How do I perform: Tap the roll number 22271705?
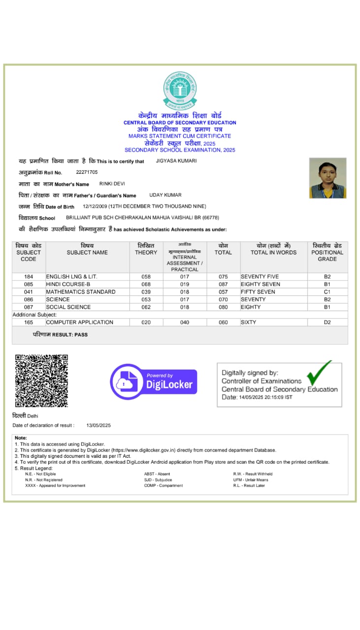pos(87,172)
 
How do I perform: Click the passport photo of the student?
pos(327,178)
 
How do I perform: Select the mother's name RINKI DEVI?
pos(112,184)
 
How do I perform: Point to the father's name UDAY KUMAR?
pos(166,195)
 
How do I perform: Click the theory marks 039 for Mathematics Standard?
pos(146,292)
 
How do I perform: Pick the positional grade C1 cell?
pos(327,292)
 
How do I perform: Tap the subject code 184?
pos(29,277)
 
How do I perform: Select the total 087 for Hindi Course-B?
pos(223,284)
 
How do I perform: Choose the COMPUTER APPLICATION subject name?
pos(79,322)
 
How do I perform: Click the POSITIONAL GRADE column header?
pos(327,252)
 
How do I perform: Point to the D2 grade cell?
pos(327,322)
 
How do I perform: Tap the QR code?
pos(41,380)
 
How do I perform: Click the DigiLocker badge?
pos(154,381)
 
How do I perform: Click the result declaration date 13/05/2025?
pos(98,425)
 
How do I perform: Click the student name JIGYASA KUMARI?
pos(176,161)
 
